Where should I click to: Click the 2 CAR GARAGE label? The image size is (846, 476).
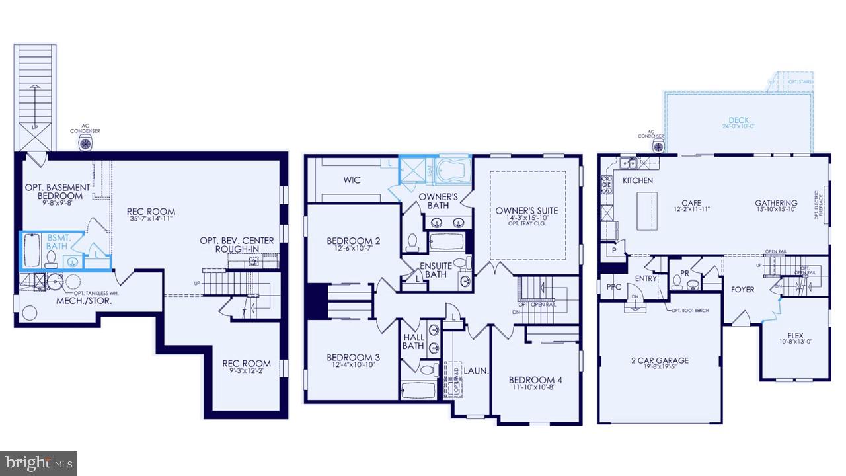pyautogui.click(x=659, y=360)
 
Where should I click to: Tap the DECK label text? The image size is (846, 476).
pyautogui.click(x=738, y=120)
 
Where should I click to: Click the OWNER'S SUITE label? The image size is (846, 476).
pyautogui.click(x=527, y=211)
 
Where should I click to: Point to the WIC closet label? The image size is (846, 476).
pyautogui.click(x=352, y=180)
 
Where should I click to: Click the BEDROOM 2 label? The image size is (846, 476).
pyautogui.click(x=354, y=241)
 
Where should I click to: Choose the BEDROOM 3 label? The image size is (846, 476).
pyautogui.click(x=353, y=358)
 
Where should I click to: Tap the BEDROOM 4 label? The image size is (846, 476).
pyautogui.click(x=535, y=380)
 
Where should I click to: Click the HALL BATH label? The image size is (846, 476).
pyautogui.click(x=414, y=341)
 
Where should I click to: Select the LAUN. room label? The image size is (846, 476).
pyautogui.click(x=476, y=372)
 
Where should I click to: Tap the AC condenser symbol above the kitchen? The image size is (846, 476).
pyautogui.click(x=658, y=146)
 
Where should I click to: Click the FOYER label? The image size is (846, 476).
pyautogui.click(x=742, y=290)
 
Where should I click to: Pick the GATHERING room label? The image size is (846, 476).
pyautogui.click(x=776, y=203)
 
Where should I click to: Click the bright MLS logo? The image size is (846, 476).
pyautogui.click(x=38, y=462)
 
